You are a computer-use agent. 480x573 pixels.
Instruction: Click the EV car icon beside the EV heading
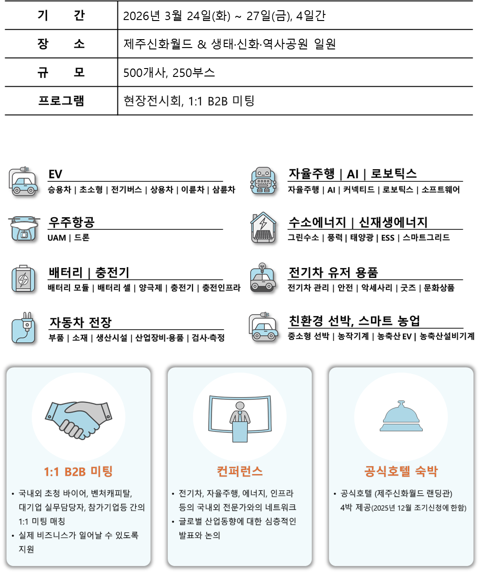[23, 182]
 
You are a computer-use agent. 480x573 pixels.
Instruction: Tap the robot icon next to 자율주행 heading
[263, 181]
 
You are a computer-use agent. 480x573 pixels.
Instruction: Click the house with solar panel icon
[263, 228]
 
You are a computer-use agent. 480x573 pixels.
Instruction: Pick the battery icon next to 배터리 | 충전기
[23, 278]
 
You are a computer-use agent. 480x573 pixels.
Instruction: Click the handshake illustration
[78, 416]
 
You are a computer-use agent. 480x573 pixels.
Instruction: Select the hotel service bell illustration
[401, 417]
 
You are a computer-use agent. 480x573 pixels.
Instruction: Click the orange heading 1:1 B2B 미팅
[78, 471]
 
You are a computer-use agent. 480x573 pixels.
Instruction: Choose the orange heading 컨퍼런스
[240, 471]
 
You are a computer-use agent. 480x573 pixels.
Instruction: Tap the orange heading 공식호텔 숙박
[401, 471]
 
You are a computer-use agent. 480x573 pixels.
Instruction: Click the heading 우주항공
[72, 222]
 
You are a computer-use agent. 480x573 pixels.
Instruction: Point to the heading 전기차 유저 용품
[333, 272]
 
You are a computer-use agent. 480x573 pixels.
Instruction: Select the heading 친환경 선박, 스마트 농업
[354, 321]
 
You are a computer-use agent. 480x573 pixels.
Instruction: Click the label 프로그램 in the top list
[61, 101]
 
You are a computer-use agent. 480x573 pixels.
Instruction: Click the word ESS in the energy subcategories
[387, 238]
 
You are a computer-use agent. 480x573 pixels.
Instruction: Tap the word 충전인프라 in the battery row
[221, 288]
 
